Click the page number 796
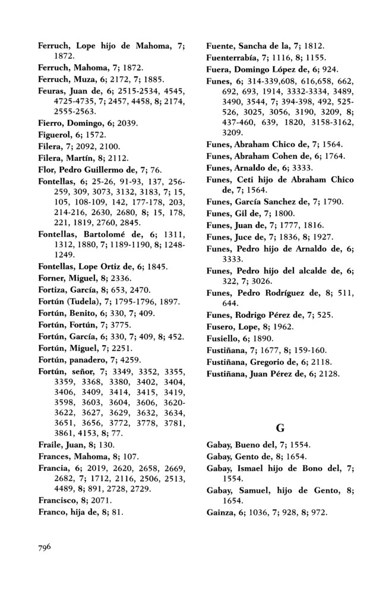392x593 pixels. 48,546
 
